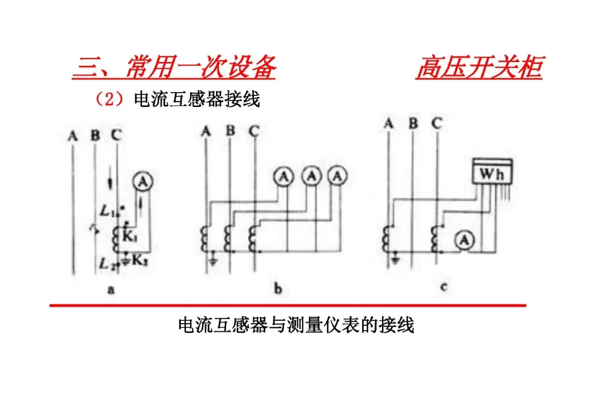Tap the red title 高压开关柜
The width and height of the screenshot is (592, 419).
pyautogui.click(x=479, y=68)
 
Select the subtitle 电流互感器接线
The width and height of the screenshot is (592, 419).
pyautogui.click(x=197, y=99)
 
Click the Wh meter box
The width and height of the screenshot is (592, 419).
pyautogui.click(x=493, y=173)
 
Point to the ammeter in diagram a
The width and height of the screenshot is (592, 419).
pyautogui.click(x=142, y=182)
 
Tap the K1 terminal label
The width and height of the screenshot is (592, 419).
pyautogui.click(x=130, y=237)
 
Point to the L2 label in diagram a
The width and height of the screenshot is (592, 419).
pyautogui.click(x=106, y=264)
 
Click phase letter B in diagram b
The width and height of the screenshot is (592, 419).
pyautogui.click(x=230, y=131)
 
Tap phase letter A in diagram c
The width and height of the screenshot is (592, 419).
pyautogui.click(x=388, y=124)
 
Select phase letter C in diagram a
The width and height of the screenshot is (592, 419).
pyautogui.click(x=115, y=134)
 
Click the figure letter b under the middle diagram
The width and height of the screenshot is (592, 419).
pyautogui.click(x=278, y=289)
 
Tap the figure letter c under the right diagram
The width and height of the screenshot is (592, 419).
pyautogui.click(x=443, y=286)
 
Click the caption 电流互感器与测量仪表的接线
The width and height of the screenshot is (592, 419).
pyautogui.click(x=296, y=325)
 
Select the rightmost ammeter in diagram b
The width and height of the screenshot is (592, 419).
pyautogui.click(x=338, y=177)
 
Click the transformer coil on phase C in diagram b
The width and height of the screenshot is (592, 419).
pyautogui.click(x=254, y=238)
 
